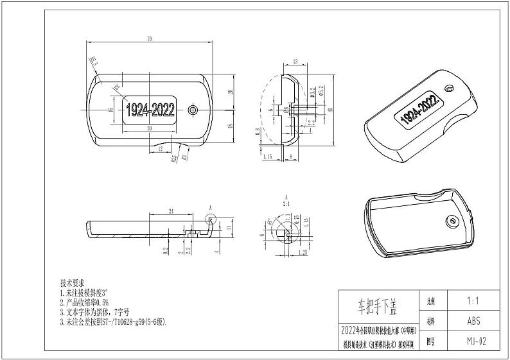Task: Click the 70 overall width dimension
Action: click(149, 40)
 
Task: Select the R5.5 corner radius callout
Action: click(92, 62)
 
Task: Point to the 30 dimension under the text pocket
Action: click(150, 129)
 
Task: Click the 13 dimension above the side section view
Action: click(294, 62)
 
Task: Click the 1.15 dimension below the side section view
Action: click(268, 156)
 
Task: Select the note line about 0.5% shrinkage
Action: click(87, 301)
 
